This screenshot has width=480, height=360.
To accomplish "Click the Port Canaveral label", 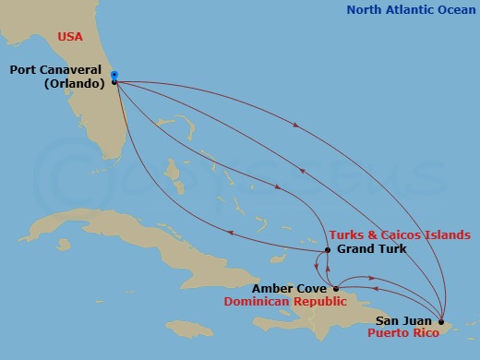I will tap(56, 69).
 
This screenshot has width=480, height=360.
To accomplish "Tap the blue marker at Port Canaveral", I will tap(114, 75).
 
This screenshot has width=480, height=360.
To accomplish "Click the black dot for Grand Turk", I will tap(328, 250).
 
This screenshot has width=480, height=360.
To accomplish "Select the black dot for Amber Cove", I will tap(336, 288).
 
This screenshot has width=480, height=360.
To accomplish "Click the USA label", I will tap(70, 37).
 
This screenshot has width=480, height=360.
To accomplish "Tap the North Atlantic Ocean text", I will tap(411, 11).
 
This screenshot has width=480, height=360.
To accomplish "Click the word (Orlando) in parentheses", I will tap(71, 83).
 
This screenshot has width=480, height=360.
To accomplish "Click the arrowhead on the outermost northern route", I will tap(294, 126).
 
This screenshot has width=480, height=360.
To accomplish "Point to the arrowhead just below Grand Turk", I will tap(318, 270).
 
